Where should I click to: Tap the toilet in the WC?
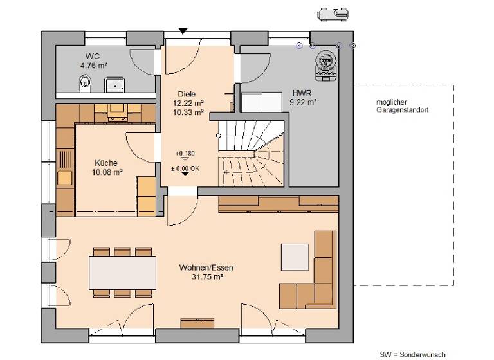84,82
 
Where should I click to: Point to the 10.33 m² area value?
188,112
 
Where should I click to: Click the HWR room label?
302,92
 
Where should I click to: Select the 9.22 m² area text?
304,102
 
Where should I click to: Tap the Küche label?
106,163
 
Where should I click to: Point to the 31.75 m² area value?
206,276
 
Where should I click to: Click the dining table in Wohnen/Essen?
122,271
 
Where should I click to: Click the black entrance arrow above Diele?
183,31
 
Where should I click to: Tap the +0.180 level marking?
185,154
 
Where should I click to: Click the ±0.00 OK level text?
185,168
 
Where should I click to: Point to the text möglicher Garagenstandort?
402,107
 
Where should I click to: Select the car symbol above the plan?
334,14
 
